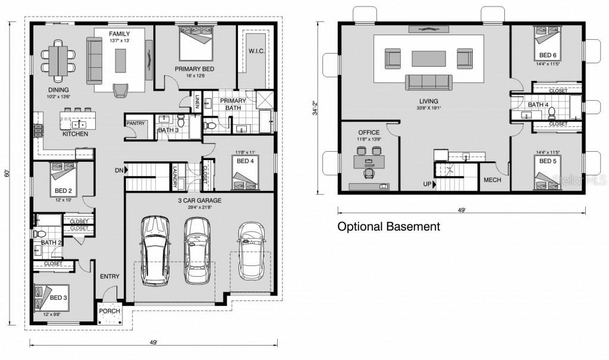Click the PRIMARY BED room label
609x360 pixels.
coord(194,69)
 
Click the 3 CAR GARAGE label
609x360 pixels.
coord(200,201)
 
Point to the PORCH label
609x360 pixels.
coord(109,311)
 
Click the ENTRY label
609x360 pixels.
coord(109,276)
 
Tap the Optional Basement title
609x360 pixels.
coord(389,227)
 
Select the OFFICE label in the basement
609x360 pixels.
coord(369,132)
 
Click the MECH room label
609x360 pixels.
coord(492,180)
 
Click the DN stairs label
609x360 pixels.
coord(120,171)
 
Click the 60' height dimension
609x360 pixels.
coord(8,174)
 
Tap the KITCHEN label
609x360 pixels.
coord(76,134)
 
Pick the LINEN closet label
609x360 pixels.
coord(196,103)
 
